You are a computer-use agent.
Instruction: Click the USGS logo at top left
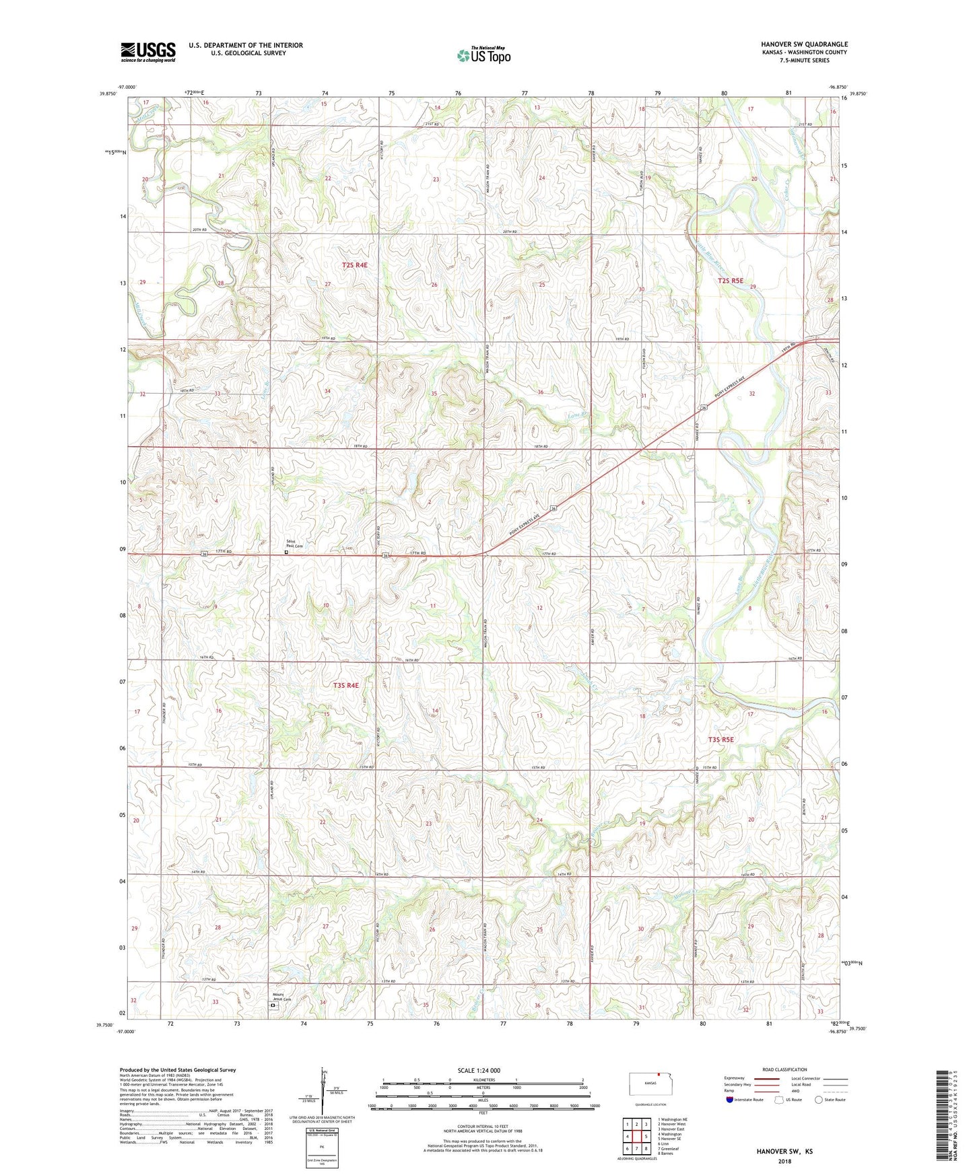148,52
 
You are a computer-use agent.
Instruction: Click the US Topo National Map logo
483,55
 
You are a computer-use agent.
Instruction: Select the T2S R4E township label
354,265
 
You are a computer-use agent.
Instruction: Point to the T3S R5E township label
720,740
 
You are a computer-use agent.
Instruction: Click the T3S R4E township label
345,685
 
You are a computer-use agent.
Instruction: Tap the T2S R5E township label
731,281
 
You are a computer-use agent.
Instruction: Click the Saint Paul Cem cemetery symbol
286,553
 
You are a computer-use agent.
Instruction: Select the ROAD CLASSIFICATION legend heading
784,1069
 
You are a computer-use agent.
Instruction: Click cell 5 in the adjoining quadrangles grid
646,1137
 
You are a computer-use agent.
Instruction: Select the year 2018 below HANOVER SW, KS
784,1161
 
